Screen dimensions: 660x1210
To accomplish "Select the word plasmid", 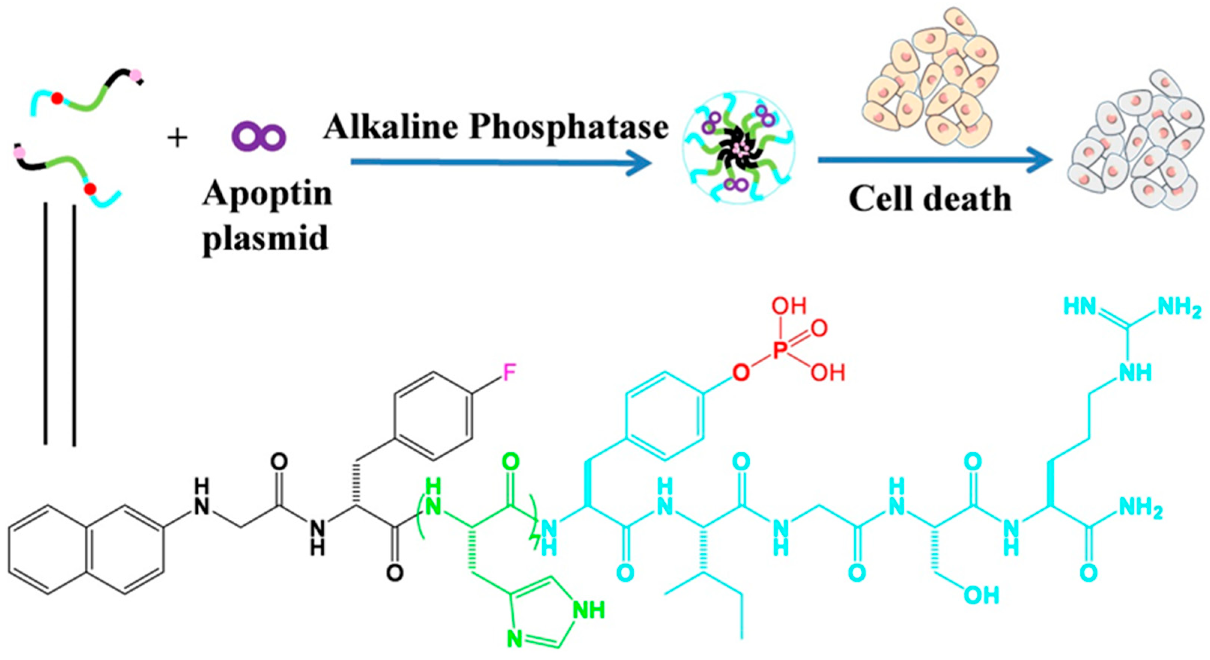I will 266,238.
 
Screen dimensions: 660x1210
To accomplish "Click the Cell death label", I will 930,199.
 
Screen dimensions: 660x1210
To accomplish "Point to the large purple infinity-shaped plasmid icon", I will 259,136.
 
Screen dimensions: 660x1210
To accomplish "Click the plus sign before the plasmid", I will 178,138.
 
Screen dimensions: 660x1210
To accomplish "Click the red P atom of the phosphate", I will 779,350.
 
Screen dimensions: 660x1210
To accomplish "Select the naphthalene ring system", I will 87,550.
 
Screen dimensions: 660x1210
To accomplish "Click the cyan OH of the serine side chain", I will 981,596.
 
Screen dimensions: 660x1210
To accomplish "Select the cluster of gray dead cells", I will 1140,141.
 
